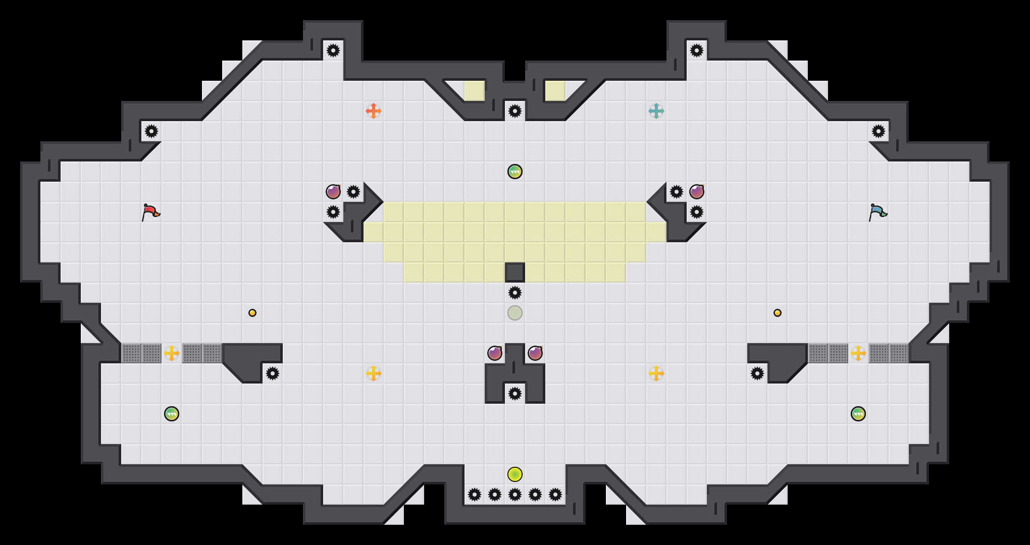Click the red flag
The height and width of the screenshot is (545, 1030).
pos(150,212)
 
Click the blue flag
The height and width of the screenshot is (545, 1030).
pos(878,212)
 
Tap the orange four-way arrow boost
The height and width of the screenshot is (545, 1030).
pos(373,111)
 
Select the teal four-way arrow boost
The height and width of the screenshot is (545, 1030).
pos(656,111)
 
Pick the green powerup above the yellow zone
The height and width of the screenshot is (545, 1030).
pos(514,172)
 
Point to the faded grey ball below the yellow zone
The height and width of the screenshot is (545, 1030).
pos(514,313)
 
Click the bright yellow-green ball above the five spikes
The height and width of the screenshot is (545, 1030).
pos(514,474)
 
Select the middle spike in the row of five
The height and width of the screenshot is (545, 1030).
pos(514,495)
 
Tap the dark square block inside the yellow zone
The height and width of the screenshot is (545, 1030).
pos(514,272)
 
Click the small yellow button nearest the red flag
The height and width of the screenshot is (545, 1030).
pos(252,313)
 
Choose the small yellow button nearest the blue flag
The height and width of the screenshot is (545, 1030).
pos(778,313)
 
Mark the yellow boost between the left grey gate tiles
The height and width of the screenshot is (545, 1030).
pos(172,353)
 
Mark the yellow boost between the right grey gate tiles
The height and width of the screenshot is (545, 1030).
pos(858,353)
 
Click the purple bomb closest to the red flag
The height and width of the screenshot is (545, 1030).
pos(333,192)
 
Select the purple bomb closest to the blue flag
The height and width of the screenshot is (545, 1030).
pos(697,192)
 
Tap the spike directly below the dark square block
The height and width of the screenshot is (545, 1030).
pos(514,293)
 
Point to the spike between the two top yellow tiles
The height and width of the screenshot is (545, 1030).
pos(514,111)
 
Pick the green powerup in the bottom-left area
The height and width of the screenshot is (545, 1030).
pos(172,414)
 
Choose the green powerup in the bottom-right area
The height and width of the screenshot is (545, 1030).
pos(858,414)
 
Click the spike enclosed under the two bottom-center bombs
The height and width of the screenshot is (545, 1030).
pos(514,394)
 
